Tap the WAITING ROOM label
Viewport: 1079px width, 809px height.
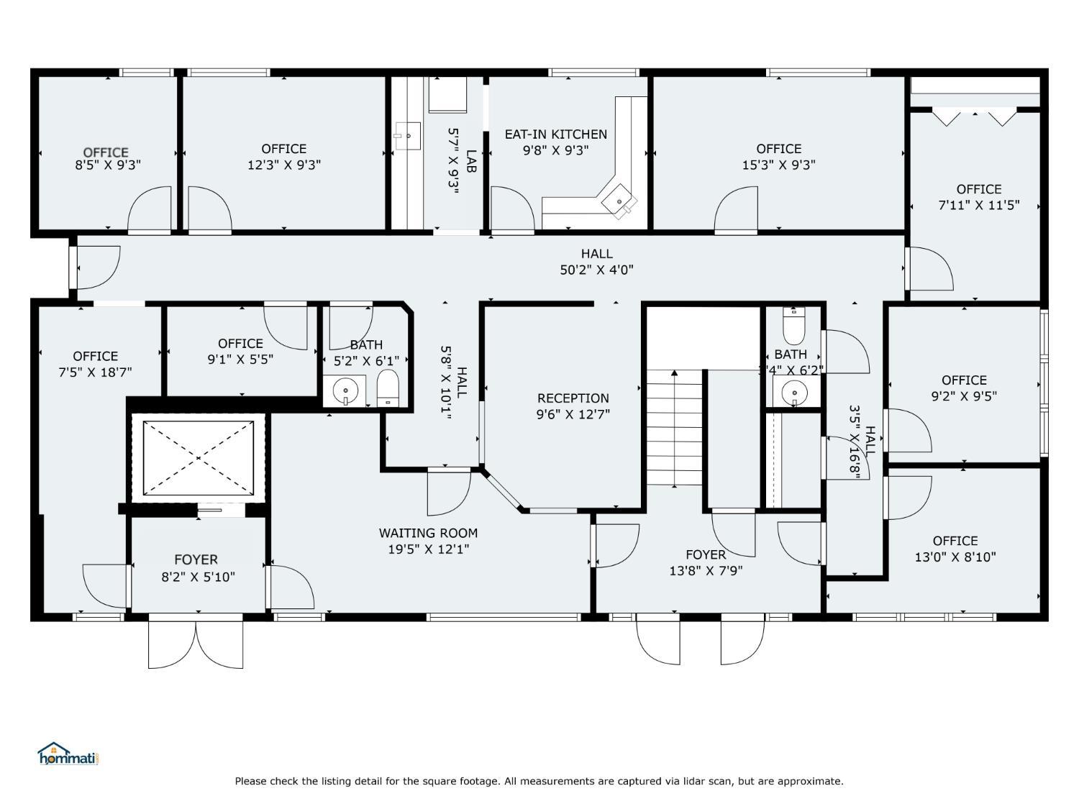[x=428, y=533]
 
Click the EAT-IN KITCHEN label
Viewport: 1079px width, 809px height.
[x=556, y=134]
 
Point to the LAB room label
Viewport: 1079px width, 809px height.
[x=471, y=161]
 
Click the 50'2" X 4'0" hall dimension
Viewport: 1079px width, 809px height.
[x=597, y=270]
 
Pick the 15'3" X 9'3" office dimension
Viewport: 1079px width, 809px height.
[x=778, y=165]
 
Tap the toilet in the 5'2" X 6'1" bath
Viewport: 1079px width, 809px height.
[x=388, y=388]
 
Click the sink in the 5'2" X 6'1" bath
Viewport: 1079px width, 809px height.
[x=345, y=391]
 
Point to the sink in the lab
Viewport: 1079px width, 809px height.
[x=408, y=136]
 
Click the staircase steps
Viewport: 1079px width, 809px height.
[x=674, y=427]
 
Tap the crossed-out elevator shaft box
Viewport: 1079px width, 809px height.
[x=198, y=458]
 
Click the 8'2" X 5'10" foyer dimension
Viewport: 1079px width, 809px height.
[x=198, y=577]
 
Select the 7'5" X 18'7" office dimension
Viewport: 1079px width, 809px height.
[x=96, y=372]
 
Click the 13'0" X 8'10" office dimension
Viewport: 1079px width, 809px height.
[x=955, y=557]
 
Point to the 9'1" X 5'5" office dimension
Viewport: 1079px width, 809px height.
[x=240, y=360]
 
